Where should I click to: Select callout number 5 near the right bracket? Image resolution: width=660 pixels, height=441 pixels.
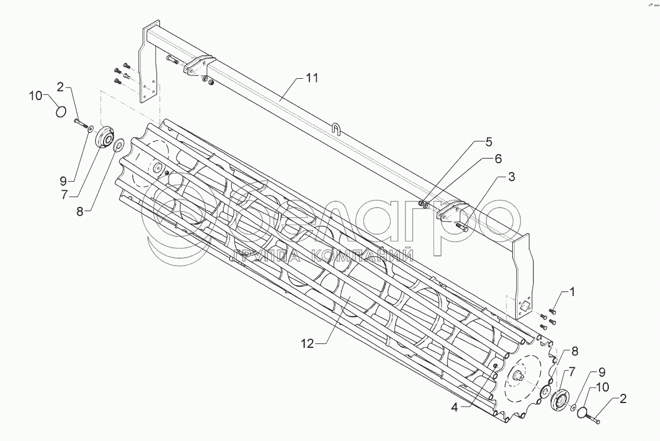pyautogui.click(x=489, y=141)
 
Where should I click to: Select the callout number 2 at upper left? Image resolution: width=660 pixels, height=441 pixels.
pyautogui.click(x=59, y=87)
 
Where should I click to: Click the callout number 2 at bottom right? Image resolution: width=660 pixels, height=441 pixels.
pyautogui.click(x=623, y=398)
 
